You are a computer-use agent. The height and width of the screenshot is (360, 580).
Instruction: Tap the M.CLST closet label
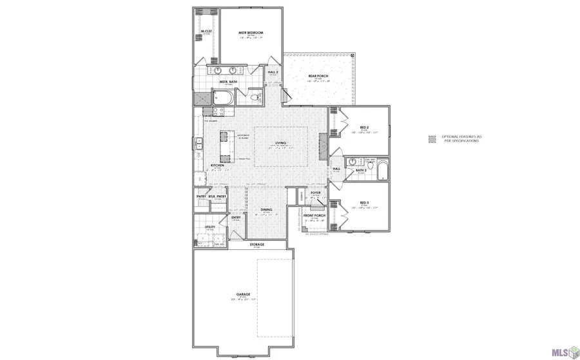(x=206, y=31)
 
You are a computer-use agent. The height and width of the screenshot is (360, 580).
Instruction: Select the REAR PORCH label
(x=318, y=77)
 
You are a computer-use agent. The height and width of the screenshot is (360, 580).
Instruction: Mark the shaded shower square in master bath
(x=200, y=99)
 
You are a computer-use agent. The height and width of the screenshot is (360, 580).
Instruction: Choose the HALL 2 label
(x=273, y=72)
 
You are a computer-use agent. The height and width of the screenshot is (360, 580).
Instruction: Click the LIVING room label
(x=280, y=144)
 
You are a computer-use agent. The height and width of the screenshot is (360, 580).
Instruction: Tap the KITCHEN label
(x=217, y=166)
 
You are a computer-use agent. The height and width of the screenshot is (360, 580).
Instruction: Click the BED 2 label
(x=364, y=128)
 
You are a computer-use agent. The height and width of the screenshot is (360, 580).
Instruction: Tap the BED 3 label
(x=364, y=203)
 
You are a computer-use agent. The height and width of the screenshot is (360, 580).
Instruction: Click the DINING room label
(x=266, y=210)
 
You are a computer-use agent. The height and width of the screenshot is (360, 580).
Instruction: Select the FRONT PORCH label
(x=314, y=216)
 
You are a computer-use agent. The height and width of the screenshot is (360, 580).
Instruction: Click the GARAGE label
(x=243, y=294)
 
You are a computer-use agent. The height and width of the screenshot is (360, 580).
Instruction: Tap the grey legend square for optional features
(x=433, y=138)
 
